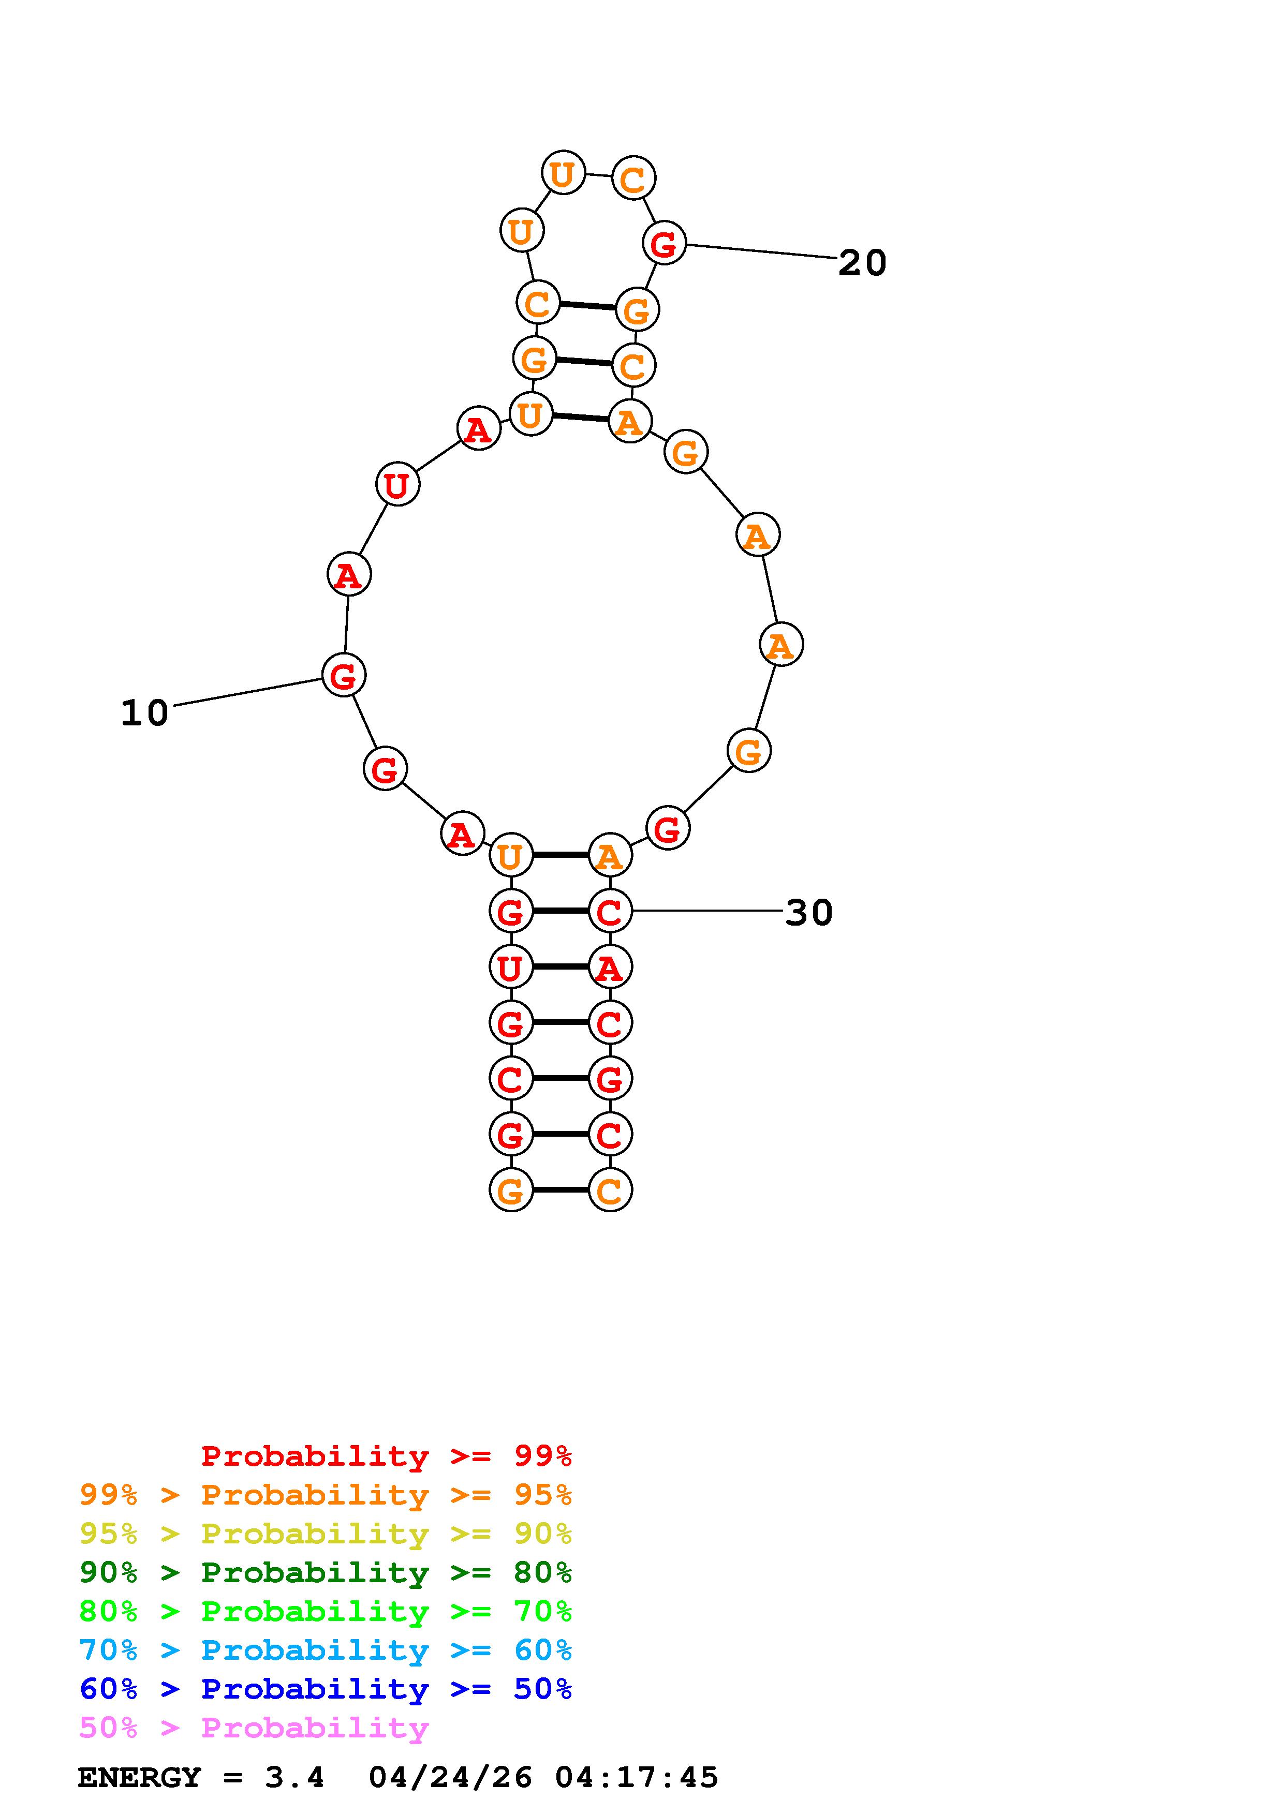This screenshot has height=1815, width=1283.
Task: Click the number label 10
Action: point(145,713)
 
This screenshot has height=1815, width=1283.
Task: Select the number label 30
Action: point(809,913)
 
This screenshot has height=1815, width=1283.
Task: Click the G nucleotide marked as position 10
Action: point(344,675)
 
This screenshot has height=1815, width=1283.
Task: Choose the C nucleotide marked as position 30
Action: point(610,912)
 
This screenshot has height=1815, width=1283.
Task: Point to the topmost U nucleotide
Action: point(563,172)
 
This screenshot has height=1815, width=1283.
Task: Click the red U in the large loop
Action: point(397,485)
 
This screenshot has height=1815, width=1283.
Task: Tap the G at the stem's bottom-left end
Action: point(511,1189)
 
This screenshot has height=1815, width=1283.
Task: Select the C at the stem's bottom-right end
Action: point(610,1189)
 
